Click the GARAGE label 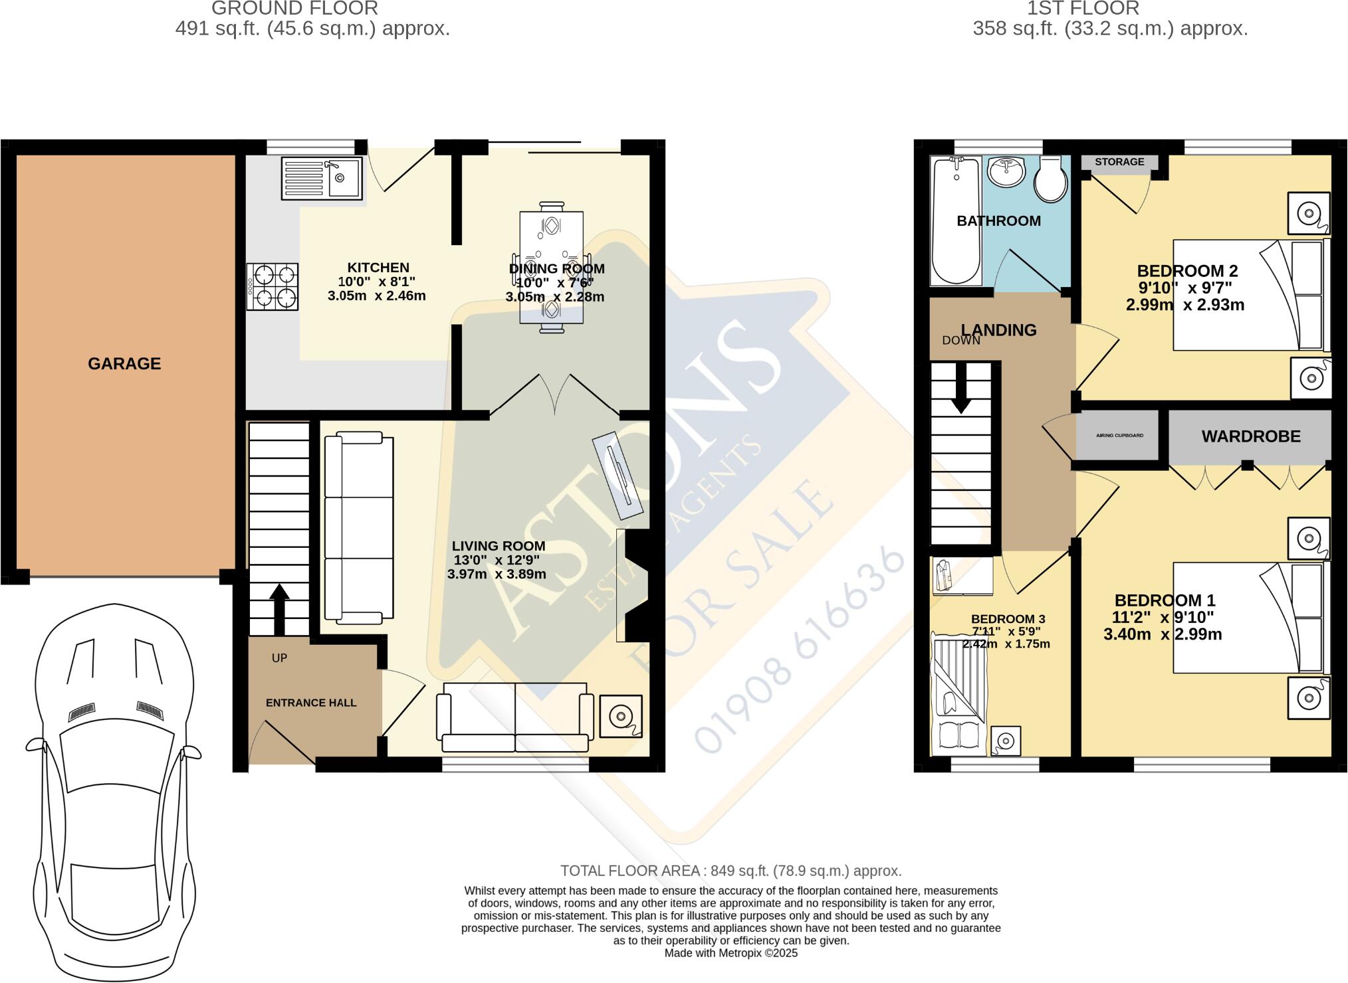click(x=124, y=363)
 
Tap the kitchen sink click(x=322, y=177)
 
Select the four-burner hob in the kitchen click(x=273, y=286)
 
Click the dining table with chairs click(x=551, y=267)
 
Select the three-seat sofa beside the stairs click(x=359, y=528)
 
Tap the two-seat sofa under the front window click(x=515, y=717)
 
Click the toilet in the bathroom click(x=1052, y=179)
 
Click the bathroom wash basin click(x=1007, y=173)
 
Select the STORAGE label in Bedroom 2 click(x=1119, y=162)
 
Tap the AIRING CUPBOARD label click(x=1119, y=436)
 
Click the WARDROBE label click(x=1251, y=436)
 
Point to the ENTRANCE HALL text click(x=311, y=703)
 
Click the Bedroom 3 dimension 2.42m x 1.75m click(x=1006, y=644)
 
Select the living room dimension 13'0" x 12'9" click(x=497, y=560)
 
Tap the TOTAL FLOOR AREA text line click(x=730, y=871)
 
